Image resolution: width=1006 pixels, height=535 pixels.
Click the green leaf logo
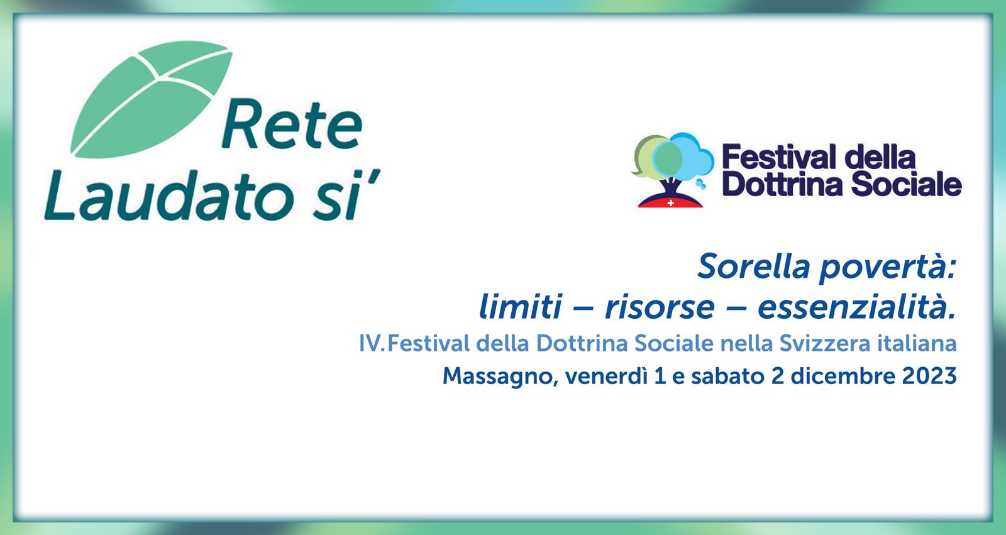(x=152, y=100)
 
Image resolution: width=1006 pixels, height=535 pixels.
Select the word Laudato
(x=170, y=196)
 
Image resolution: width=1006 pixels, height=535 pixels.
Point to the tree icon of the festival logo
(x=672, y=170)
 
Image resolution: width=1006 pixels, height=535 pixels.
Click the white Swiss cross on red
(x=670, y=203)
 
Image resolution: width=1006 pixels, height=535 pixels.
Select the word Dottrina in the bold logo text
(x=782, y=185)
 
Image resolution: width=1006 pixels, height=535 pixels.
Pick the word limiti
(x=521, y=306)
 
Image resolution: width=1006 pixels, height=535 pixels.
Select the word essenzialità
(x=856, y=306)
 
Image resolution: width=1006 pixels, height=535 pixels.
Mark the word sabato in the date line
(x=727, y=376)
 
